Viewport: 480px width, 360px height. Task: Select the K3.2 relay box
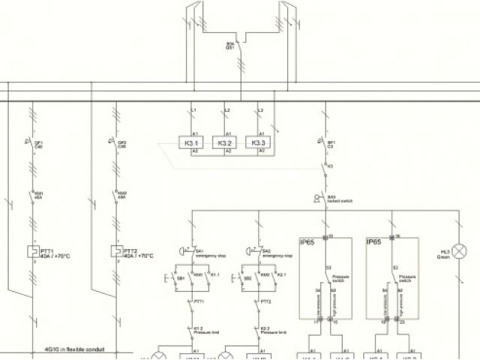pos(224,142)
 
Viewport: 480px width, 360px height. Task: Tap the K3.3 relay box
pos(259,142)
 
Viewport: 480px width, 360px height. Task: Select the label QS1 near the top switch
pos(230,46)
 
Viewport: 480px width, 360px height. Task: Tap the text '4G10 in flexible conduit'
pos(74,349)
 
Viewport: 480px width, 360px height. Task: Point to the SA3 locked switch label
pos(340,199)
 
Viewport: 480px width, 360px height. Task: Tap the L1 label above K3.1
pos(194,111)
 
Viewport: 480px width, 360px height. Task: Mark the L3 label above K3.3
pos(259,111)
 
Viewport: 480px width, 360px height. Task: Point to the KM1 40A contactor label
pos(39,195)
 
